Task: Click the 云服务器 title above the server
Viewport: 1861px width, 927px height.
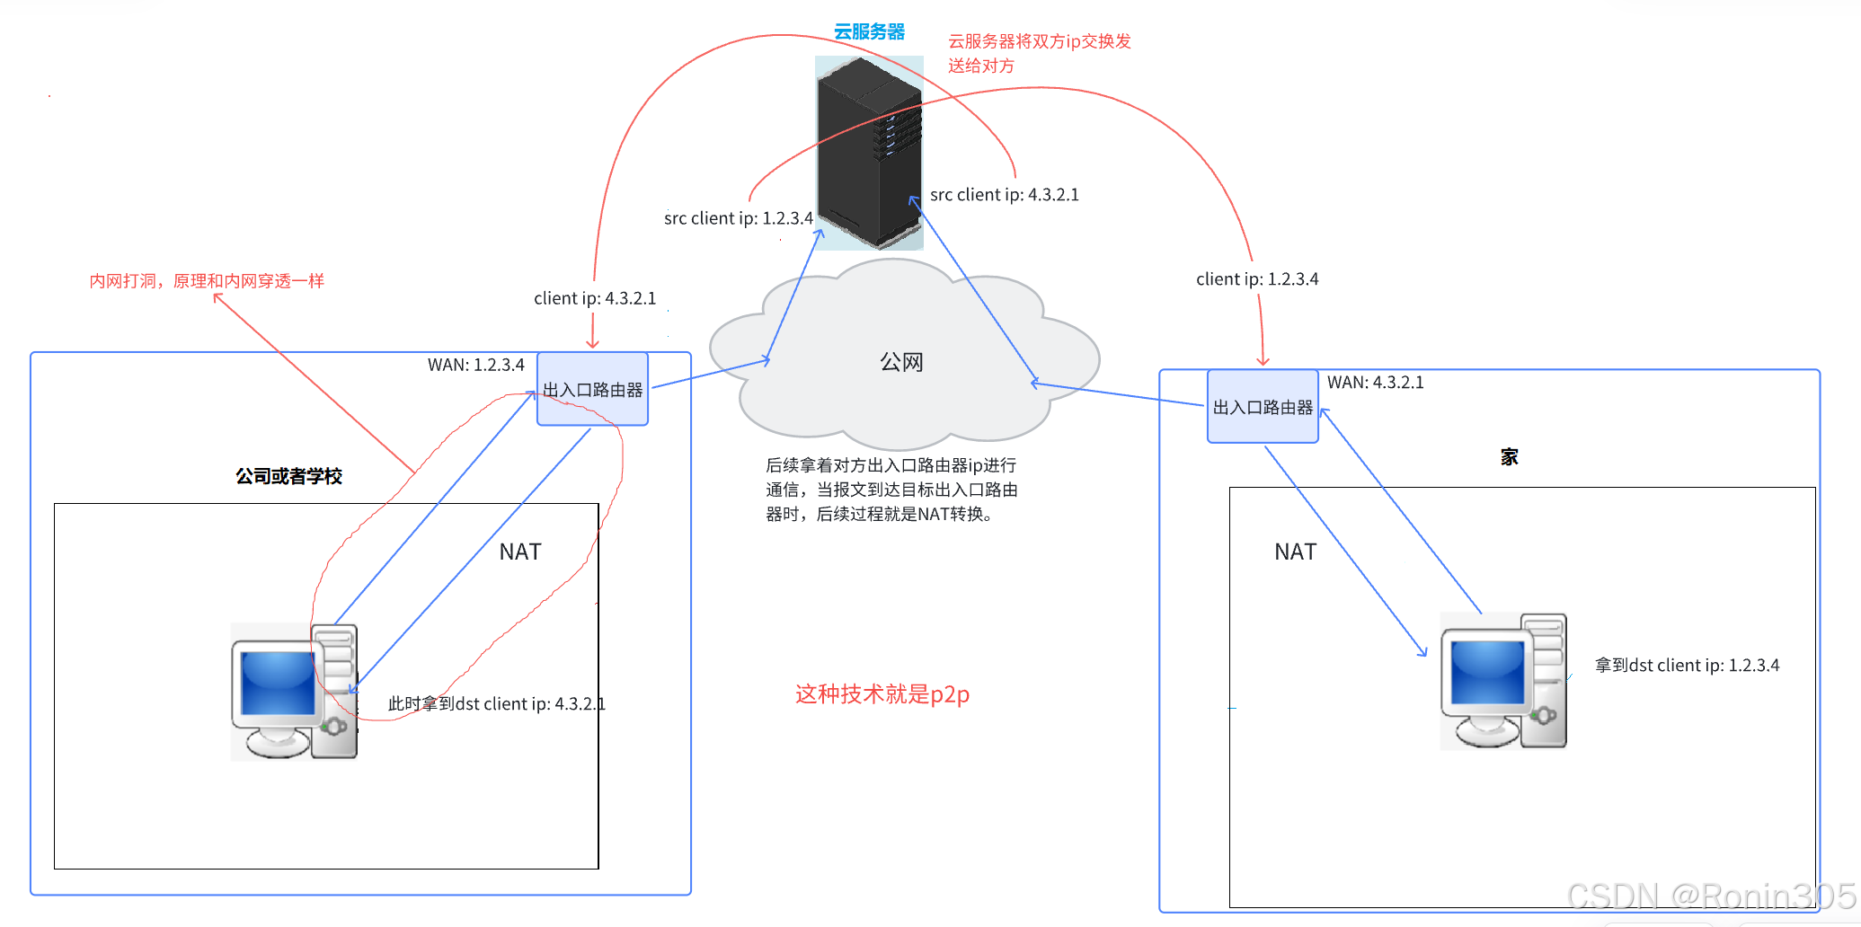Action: tap(868, 31)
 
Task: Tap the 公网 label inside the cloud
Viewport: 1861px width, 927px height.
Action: tap(901, 362)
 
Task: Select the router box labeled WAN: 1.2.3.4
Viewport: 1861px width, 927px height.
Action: tap(592, 390)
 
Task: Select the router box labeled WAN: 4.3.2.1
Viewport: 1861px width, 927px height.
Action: tap(1263, 407)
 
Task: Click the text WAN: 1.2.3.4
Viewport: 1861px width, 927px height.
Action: tap(475, 365)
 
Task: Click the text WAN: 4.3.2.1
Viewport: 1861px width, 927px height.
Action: tap(1375, 382)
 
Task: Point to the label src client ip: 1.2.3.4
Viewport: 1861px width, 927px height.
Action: tap(738, 218)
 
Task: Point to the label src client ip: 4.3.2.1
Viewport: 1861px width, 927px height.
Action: tap(1004, 195)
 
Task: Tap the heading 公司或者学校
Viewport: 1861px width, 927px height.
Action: tap(288, 476)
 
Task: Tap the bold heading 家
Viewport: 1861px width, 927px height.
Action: tap(1509, 456)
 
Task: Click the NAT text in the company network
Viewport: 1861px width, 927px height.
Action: tap(520, 552)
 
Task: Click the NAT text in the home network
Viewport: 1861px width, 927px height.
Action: tap(1295, 552)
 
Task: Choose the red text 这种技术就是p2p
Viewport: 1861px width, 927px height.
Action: tap(882, 693)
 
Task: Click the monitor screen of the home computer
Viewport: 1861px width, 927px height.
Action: tap(1487, 672)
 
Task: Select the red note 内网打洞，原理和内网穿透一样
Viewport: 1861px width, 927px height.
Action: tap(207, 281)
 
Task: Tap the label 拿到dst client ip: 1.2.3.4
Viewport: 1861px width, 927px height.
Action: tap(1687, 666)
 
